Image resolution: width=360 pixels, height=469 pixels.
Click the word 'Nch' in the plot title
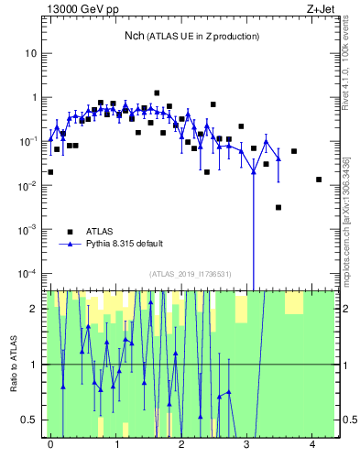[135, 36]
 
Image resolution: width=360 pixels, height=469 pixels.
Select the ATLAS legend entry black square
[69, 232]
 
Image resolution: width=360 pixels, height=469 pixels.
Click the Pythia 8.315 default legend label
[125, 245]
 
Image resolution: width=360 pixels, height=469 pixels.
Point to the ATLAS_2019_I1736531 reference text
[191, 273]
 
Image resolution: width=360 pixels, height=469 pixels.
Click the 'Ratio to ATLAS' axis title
[14, 364]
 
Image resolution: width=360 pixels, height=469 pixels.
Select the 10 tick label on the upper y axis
[31, 53]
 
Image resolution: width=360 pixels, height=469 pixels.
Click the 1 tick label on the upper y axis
[34, 97]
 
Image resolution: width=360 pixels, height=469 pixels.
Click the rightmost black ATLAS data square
[319, 180]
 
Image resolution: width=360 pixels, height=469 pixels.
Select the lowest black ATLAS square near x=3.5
[278, 207]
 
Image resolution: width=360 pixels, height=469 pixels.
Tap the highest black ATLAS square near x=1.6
[157, 93]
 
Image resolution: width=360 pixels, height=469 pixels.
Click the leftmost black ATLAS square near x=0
[50, 171]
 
